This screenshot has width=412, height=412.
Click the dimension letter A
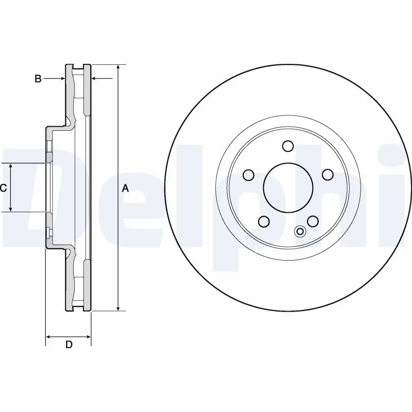(125, 188)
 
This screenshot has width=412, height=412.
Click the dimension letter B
(38, 79)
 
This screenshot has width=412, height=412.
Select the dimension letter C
(3, 188)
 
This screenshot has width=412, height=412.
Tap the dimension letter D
(68, 345)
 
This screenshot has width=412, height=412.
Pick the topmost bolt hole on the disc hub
(288, 146)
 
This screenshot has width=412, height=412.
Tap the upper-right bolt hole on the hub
(327, 175)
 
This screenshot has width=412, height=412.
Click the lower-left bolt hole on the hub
(264, 221)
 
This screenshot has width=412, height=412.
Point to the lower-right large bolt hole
(312, 221)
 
